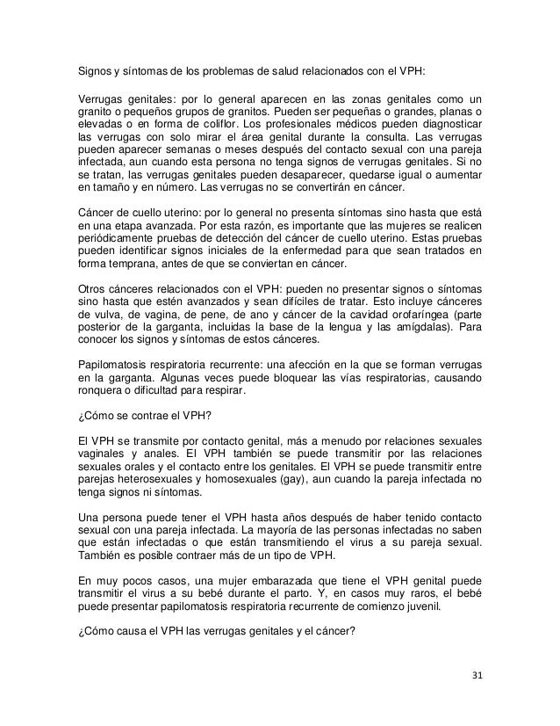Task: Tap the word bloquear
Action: click(x=262, y=380)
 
